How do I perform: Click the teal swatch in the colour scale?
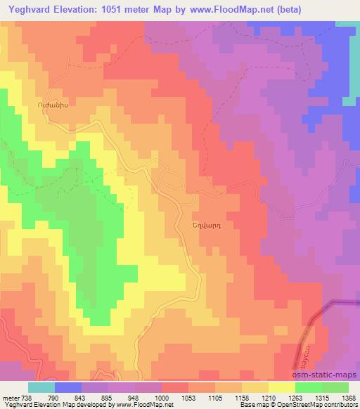point(41,387)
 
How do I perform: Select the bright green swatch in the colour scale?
point(308,387)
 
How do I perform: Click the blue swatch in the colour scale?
point(68,387)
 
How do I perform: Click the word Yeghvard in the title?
point(31,10)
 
